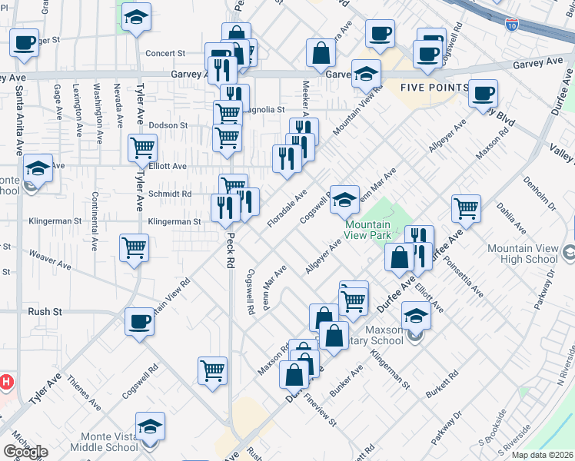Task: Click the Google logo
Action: click(25, 452)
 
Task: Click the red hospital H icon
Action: click(6, 381)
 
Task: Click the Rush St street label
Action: click(45, 312)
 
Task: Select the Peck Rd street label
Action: click(229, 254)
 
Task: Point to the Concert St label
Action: click(167, 54)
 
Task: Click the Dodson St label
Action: click(168, 125)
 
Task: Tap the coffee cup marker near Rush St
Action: click(139, 321)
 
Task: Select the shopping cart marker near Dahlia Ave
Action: click(466, 206)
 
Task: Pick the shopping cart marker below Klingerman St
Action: click(134, 247)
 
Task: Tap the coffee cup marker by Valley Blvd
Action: click(482, 93)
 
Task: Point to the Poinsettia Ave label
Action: click(468, 282)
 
